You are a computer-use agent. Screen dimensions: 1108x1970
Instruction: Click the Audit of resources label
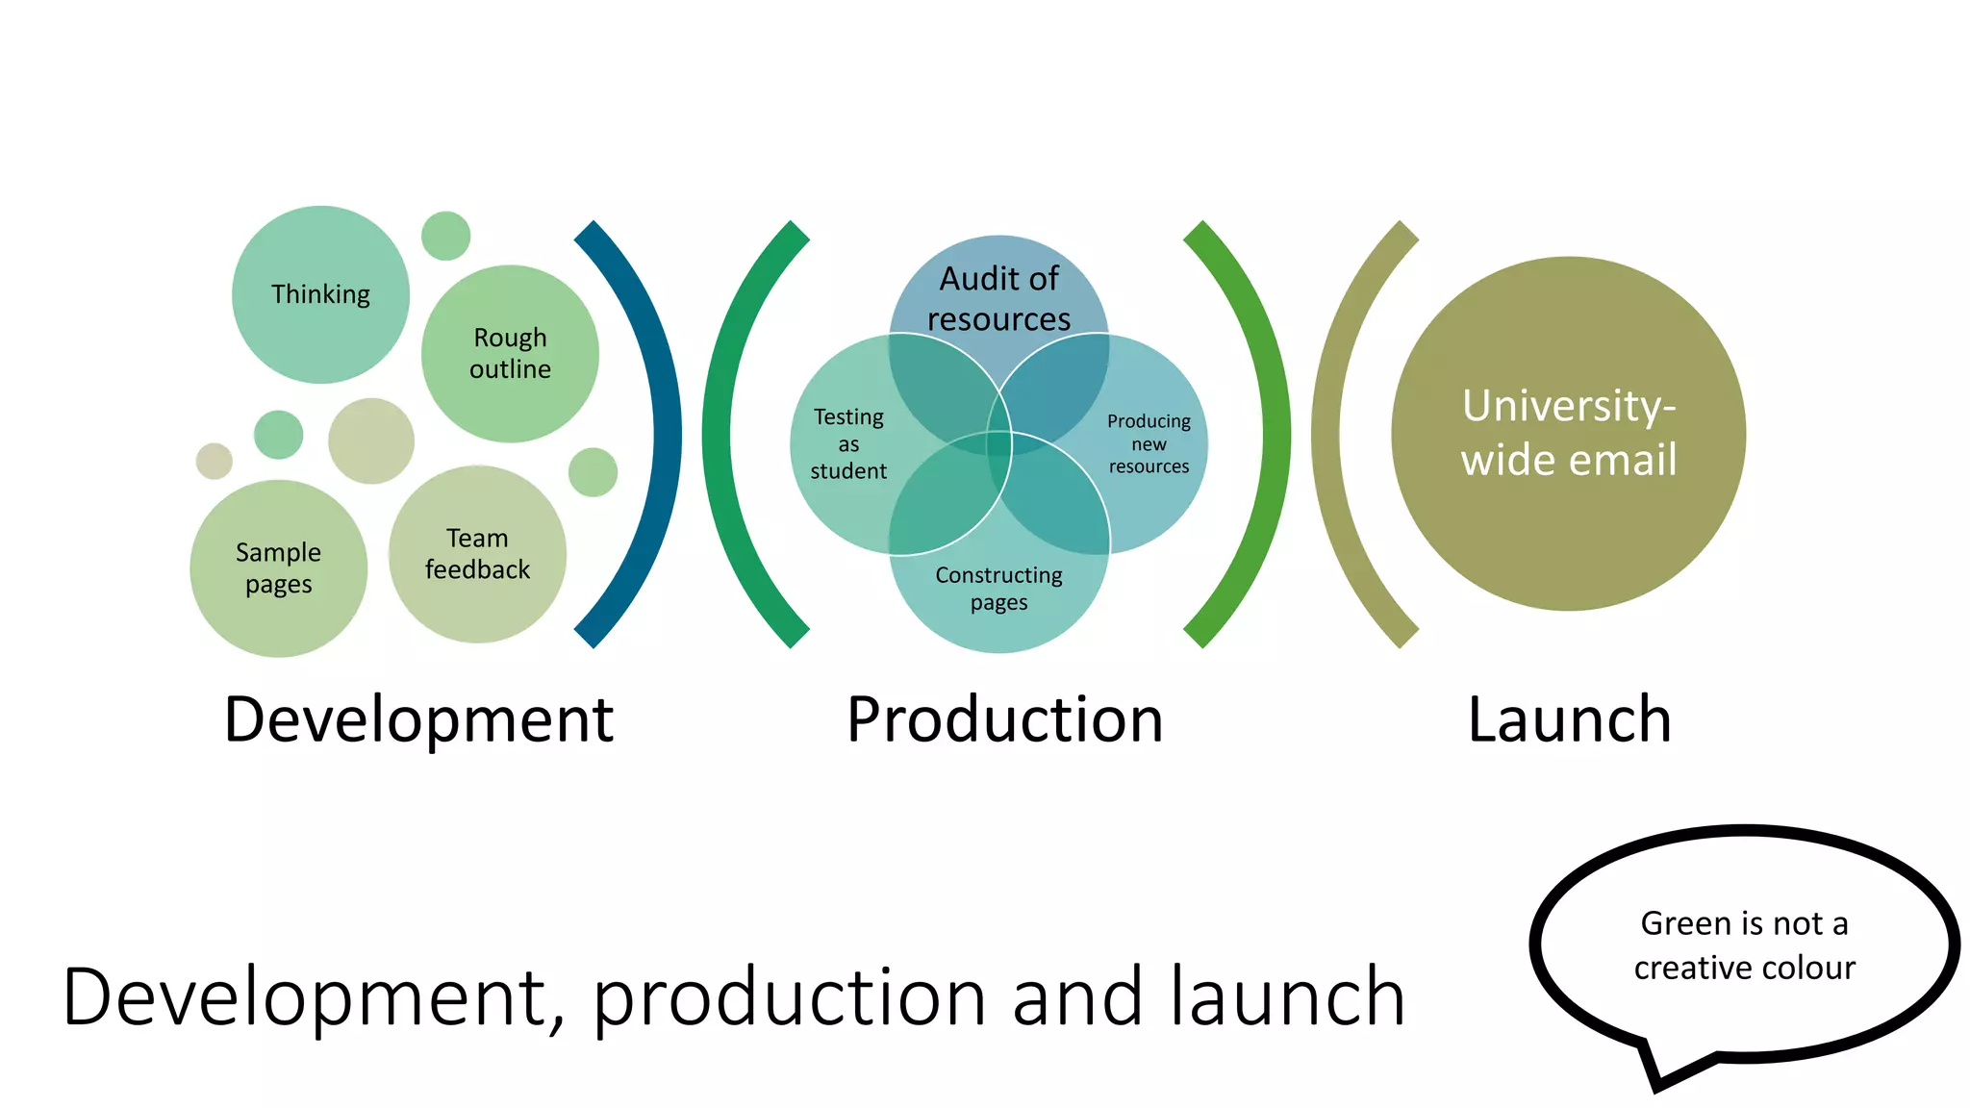998,298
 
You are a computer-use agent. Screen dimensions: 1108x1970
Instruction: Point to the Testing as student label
848,443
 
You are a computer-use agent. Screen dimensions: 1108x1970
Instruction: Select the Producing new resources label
1149,443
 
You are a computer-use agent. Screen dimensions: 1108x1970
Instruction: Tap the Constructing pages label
998,589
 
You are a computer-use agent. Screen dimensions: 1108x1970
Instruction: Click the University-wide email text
1568,433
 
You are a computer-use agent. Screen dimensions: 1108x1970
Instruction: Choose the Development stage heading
418,719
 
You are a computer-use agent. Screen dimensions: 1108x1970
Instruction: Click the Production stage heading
1004,719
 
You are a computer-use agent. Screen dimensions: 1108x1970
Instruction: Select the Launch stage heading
1569,719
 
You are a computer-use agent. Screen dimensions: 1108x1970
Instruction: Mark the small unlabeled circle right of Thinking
445,236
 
